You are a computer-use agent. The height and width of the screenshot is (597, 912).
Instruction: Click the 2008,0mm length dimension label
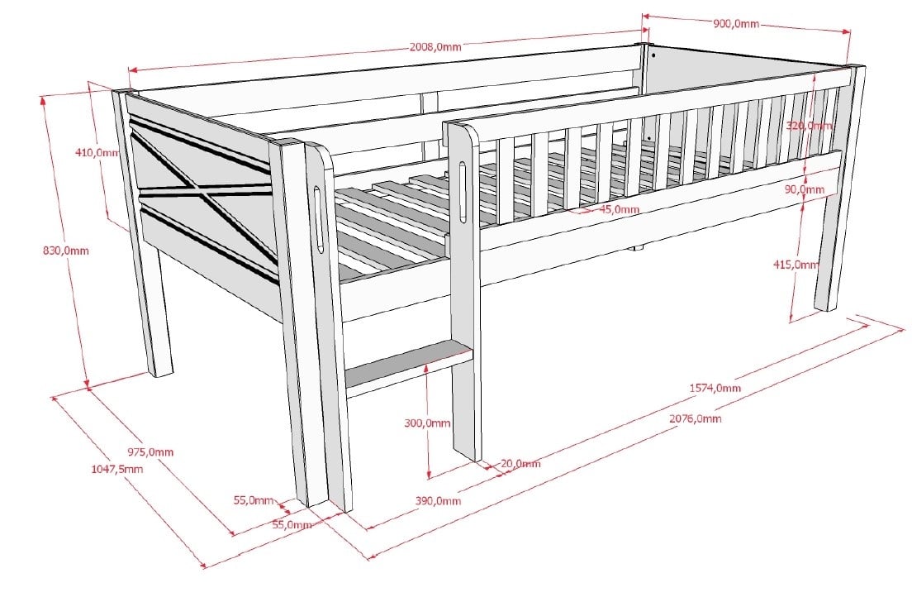pos(435,47)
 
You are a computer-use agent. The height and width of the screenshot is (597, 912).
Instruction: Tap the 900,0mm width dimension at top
pos(736,24)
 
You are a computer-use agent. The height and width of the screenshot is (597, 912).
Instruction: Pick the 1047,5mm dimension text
pos(116,469)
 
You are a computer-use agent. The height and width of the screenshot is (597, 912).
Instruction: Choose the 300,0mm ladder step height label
pos(428,423)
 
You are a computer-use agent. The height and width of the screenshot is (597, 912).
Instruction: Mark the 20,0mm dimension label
pos(520,464)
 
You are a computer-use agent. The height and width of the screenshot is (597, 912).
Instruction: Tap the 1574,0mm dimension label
pos(715,388)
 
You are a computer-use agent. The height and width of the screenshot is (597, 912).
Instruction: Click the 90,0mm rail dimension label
pos(805,189)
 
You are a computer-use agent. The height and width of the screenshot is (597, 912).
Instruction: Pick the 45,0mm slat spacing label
pos(619,209)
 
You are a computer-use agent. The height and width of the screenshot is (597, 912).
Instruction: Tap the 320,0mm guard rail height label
pos(810,126)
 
